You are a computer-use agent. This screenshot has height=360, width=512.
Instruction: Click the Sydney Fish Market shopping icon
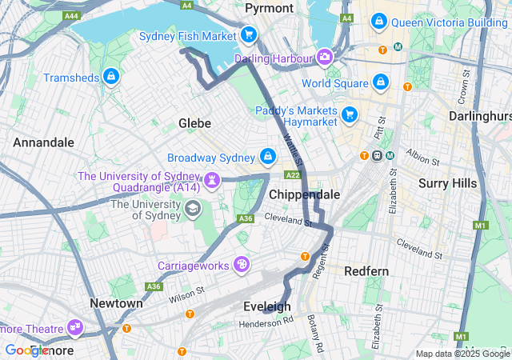[249, 36]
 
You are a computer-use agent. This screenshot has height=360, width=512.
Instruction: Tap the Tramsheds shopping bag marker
[111, 78]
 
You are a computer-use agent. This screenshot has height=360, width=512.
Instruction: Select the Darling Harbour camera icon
[325, 58]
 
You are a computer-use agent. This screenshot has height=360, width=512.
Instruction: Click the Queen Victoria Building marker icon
[376, 22]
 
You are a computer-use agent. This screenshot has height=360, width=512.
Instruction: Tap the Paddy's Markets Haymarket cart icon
[349, 115]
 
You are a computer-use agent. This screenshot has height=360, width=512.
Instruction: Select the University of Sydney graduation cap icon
[193, 210]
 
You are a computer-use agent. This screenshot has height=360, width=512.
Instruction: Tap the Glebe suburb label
[194, 123]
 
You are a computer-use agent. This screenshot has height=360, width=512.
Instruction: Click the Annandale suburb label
[43, 142]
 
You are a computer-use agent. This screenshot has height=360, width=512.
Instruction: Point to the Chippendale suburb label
[304, 194]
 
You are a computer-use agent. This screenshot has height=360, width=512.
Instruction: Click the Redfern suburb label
[366, 271]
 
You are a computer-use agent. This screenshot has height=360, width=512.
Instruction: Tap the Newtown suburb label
[116, 303]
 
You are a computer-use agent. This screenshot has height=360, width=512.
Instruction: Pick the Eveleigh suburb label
[266, 306]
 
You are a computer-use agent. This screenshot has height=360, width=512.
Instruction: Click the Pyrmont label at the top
[269, 8]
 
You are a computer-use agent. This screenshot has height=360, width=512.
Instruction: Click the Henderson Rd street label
[266, 323]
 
